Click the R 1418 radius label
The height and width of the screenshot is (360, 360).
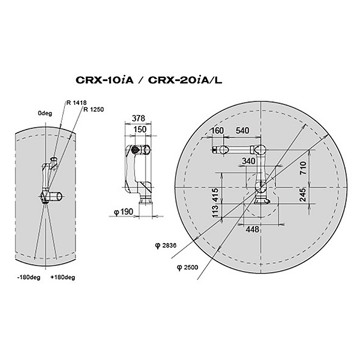coord(76,103)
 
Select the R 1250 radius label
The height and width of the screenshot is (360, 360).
coord(94,110)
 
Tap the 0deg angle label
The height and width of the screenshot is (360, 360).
coord(45,113)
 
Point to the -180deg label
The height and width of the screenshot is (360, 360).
coord(29,277)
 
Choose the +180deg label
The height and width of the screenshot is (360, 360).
coord(63,277)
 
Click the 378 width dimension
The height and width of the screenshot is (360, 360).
coord(139,118)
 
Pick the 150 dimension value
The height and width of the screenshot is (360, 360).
coord(140,129)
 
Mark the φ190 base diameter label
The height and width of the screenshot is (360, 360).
coord(124,212)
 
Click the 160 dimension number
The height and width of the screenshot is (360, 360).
coord(217,130)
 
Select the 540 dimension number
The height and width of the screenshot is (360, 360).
coord(242,130)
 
